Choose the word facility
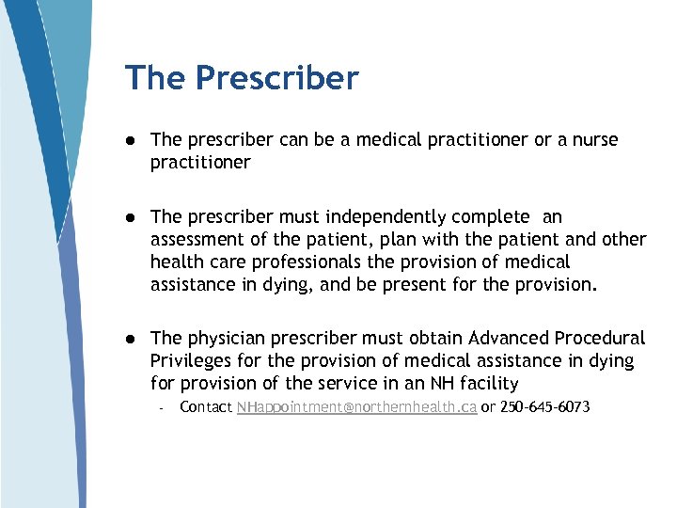487,383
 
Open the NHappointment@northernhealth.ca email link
356,407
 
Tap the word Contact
206,407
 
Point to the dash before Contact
162,408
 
